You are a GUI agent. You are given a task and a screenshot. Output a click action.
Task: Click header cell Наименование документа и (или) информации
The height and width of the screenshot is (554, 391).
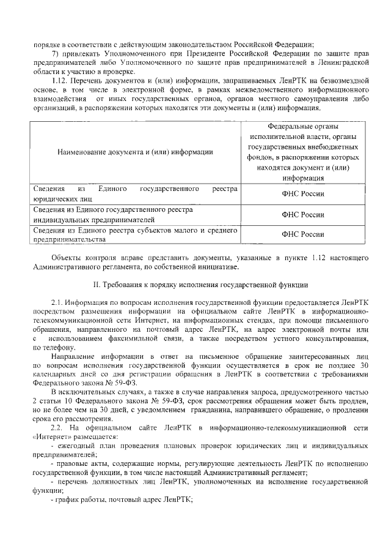tap(135, 152)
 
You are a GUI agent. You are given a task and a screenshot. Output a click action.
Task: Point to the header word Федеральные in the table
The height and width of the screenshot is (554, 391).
tap(303, 125)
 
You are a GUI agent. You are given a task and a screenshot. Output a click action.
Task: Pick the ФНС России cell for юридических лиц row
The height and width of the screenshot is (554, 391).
tap(303, 194)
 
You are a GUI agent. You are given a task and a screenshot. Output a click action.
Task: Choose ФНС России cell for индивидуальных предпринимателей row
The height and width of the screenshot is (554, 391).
tap(303, 214)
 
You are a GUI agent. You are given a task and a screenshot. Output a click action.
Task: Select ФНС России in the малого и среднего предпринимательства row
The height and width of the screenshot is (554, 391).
tap(303, 234)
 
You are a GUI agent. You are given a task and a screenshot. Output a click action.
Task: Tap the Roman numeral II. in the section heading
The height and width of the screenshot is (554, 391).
tap(95, 285)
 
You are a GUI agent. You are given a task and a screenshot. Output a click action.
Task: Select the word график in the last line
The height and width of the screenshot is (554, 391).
tap(66, 499)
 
